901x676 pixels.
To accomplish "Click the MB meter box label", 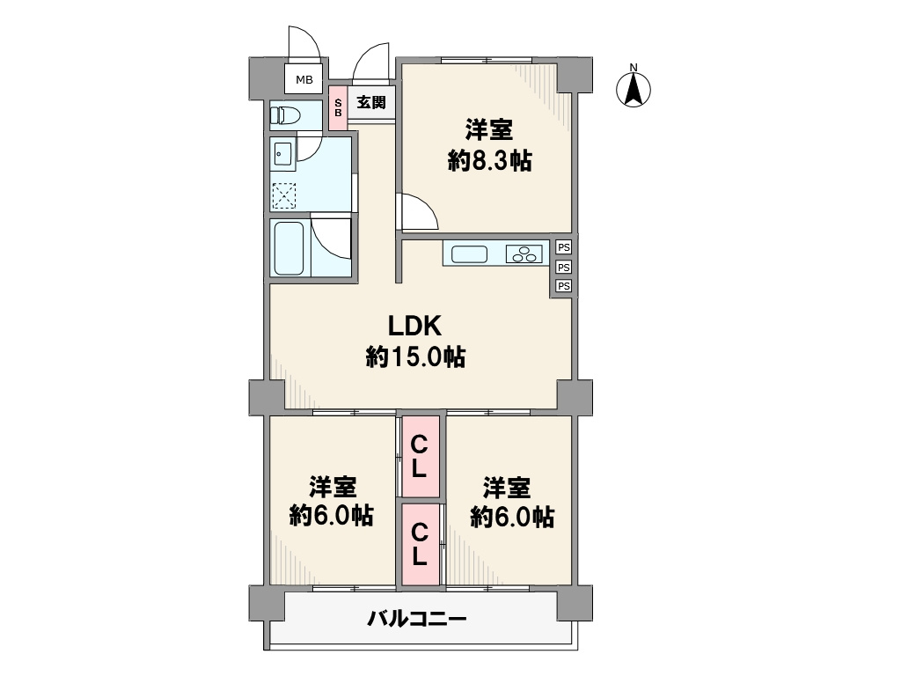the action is point(304,80).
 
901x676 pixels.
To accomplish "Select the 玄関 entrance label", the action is point(371,102).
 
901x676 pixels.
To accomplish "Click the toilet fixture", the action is point(285,115).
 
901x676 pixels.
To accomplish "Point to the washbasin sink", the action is point(283,153).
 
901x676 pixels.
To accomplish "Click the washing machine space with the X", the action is point(283,195).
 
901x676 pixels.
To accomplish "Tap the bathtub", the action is point(289,248).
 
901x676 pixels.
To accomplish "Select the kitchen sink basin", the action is point(470,254).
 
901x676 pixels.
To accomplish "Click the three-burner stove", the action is point(524,254).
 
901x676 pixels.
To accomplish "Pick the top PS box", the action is point(564,247).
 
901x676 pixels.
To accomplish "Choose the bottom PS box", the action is point(564,286).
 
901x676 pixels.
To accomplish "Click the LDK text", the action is point(415,327).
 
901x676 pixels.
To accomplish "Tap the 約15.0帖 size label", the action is point(415,357).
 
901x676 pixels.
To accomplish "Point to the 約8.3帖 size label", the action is point(489,161).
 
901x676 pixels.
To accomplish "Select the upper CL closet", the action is point(421,457).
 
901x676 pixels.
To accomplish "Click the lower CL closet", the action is point(421,545).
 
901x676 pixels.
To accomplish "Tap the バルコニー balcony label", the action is point(417,619).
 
